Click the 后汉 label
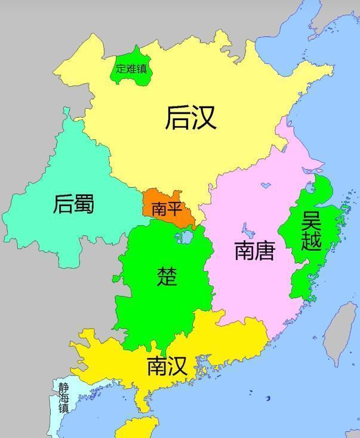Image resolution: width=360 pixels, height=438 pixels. click(190, 118)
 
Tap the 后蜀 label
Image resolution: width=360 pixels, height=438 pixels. click(74, 204)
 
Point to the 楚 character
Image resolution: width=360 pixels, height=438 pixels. click(167, 276)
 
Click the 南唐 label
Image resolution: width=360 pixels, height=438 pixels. click(254, 251)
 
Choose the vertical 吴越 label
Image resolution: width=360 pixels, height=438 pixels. click(312, 231)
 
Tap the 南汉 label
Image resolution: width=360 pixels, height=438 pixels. click(167, 366)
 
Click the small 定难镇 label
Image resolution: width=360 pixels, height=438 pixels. click(131, 68)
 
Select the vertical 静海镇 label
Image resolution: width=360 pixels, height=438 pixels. click(64, 397)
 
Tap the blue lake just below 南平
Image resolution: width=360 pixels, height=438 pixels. click(185, 237)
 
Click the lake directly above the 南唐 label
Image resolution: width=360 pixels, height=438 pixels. click(246, 228)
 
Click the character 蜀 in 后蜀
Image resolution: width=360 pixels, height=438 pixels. click(84, 204)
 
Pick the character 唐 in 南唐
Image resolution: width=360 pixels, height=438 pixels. click(264, 251)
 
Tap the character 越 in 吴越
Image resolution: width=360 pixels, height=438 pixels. click(312, 241)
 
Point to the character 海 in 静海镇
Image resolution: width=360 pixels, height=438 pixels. click(64, 397)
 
